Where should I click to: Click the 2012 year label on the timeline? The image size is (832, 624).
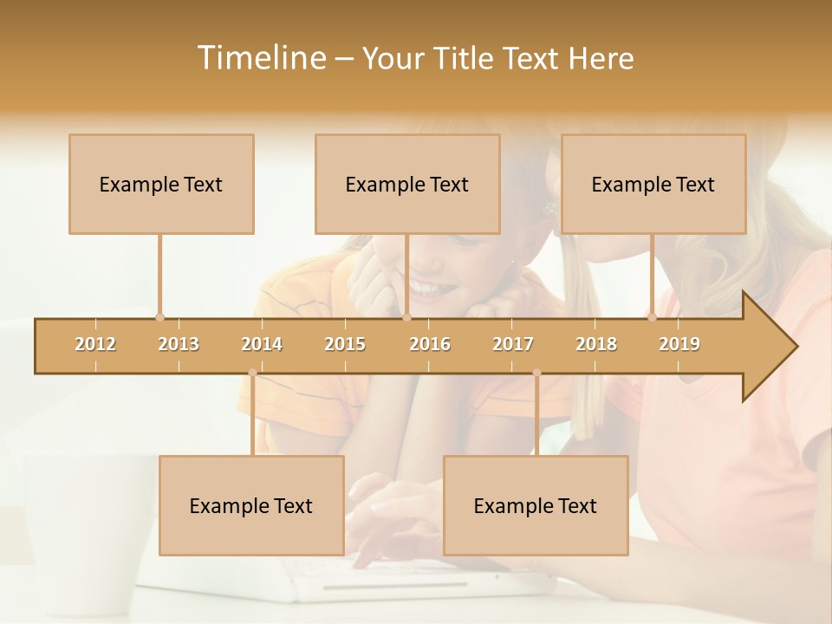[x=95, y=344]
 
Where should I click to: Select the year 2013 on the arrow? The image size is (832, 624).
[x=179, y=344]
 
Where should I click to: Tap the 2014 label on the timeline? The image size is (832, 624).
[x=262, y=344]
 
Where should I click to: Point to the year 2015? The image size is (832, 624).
[x=345, y=344]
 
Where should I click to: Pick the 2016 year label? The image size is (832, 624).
[x=430, y=344]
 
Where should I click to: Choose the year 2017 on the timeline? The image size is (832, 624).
[x=513, y=344]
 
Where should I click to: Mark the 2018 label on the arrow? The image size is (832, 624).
[x=596, y=344]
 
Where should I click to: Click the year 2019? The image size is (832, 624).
[x=679, y=344]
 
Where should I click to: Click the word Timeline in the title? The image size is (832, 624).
[x=261, y=58]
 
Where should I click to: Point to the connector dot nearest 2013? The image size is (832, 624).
[x=159, y=317]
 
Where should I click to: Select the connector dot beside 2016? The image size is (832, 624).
[x=406, y=317]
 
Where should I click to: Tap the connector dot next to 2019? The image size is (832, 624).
[x=653, y=317]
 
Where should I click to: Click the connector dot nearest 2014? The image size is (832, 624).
[x=252, y=373]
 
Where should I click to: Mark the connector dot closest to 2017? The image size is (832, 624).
[x=536, y=373]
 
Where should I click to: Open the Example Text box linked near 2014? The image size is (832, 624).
[x=251, y=505]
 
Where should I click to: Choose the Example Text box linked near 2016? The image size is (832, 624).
[x=407, y=184]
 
